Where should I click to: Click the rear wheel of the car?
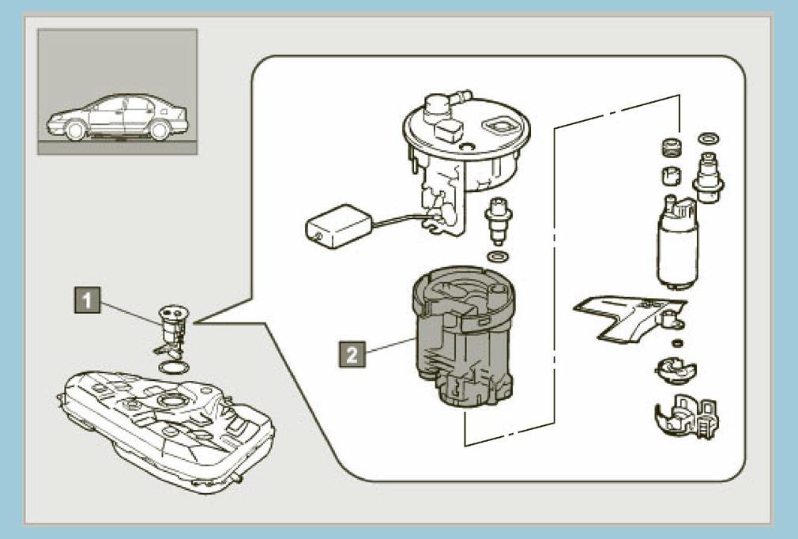point(159,130)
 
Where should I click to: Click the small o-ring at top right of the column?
point(710,139)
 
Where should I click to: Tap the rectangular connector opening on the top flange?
point(501,125)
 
